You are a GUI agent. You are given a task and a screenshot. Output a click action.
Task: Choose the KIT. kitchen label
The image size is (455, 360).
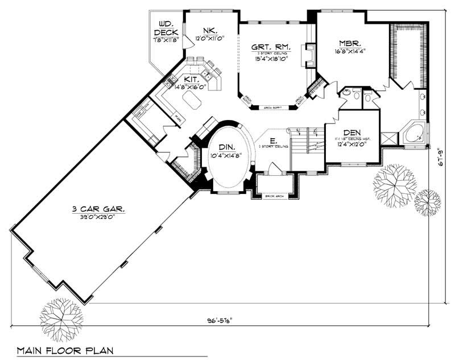(191, 80)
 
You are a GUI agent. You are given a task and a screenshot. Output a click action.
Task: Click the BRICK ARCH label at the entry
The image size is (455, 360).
(274, 196)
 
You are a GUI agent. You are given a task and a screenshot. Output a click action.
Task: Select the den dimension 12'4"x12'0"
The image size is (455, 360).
(351, 144)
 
